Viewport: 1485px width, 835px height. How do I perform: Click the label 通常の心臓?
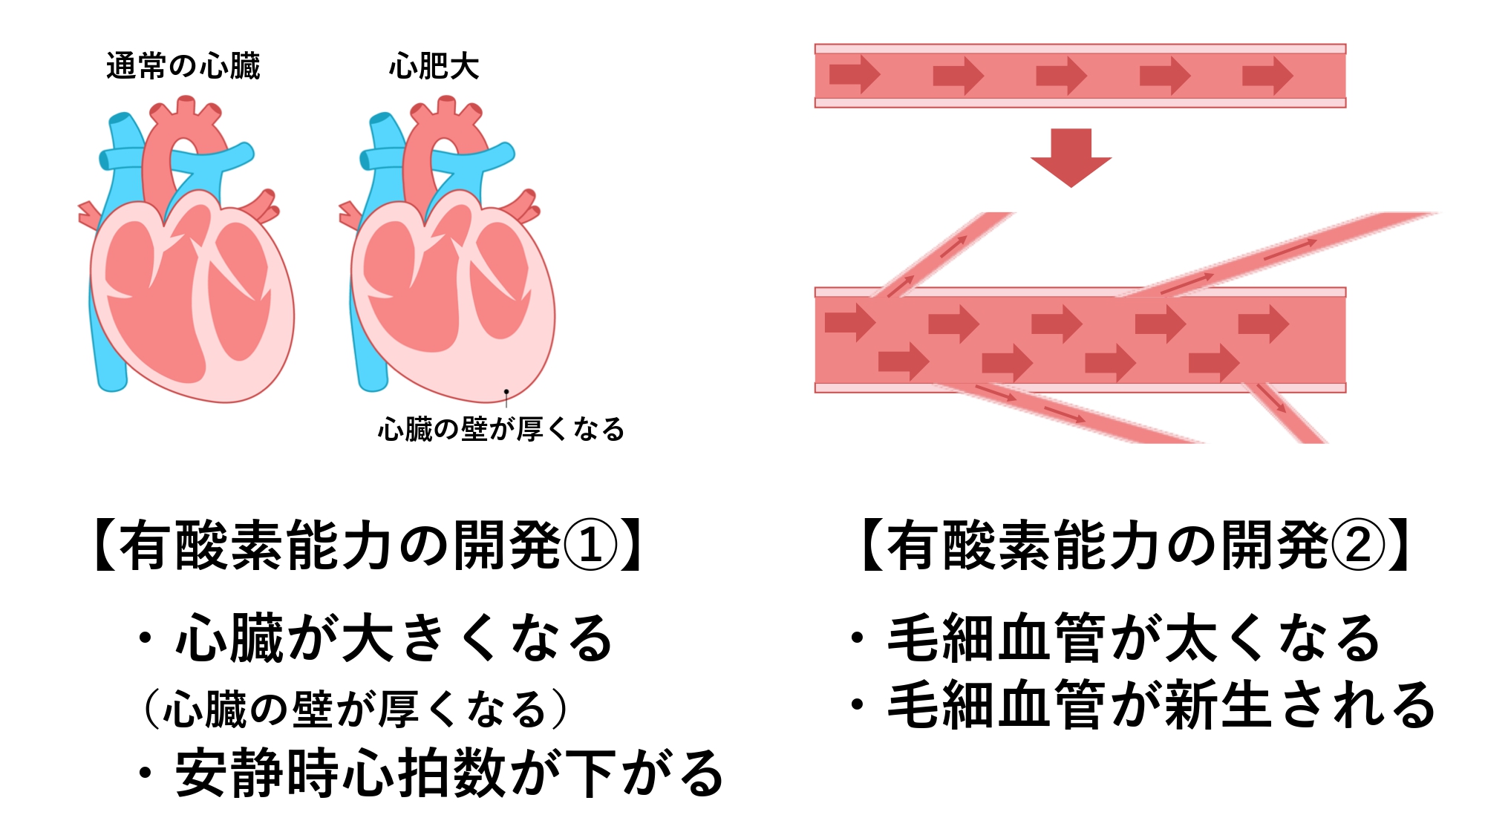[183, 66]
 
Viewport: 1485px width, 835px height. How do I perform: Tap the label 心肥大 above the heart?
[434, 66]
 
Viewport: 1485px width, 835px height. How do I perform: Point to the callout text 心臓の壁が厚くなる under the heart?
[501, 429]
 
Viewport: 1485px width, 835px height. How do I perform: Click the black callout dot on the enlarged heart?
[506, 391]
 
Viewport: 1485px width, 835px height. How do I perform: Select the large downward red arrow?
[1071, 157]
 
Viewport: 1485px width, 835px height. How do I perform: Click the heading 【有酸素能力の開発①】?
[369, 545]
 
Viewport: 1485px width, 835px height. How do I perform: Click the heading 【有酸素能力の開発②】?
[1136, 545]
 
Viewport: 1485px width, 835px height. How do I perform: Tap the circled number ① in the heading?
[590, 545]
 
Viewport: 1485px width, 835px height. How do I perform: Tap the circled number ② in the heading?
[1357, 545]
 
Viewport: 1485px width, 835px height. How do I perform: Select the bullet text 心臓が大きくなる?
[394, 638]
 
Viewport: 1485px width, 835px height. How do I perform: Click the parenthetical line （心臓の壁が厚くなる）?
[355, 709]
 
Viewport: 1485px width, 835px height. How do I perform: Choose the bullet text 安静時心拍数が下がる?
[449, 773]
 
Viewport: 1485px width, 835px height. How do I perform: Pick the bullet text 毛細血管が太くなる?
[1134, 638]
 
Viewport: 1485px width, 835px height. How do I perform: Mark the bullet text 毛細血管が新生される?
[1161, 704]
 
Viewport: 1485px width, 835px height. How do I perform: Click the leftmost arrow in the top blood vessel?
[855, 75]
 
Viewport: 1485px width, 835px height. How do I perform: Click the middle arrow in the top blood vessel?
[1062, 75]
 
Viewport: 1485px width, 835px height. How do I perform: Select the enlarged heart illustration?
[447, 249]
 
